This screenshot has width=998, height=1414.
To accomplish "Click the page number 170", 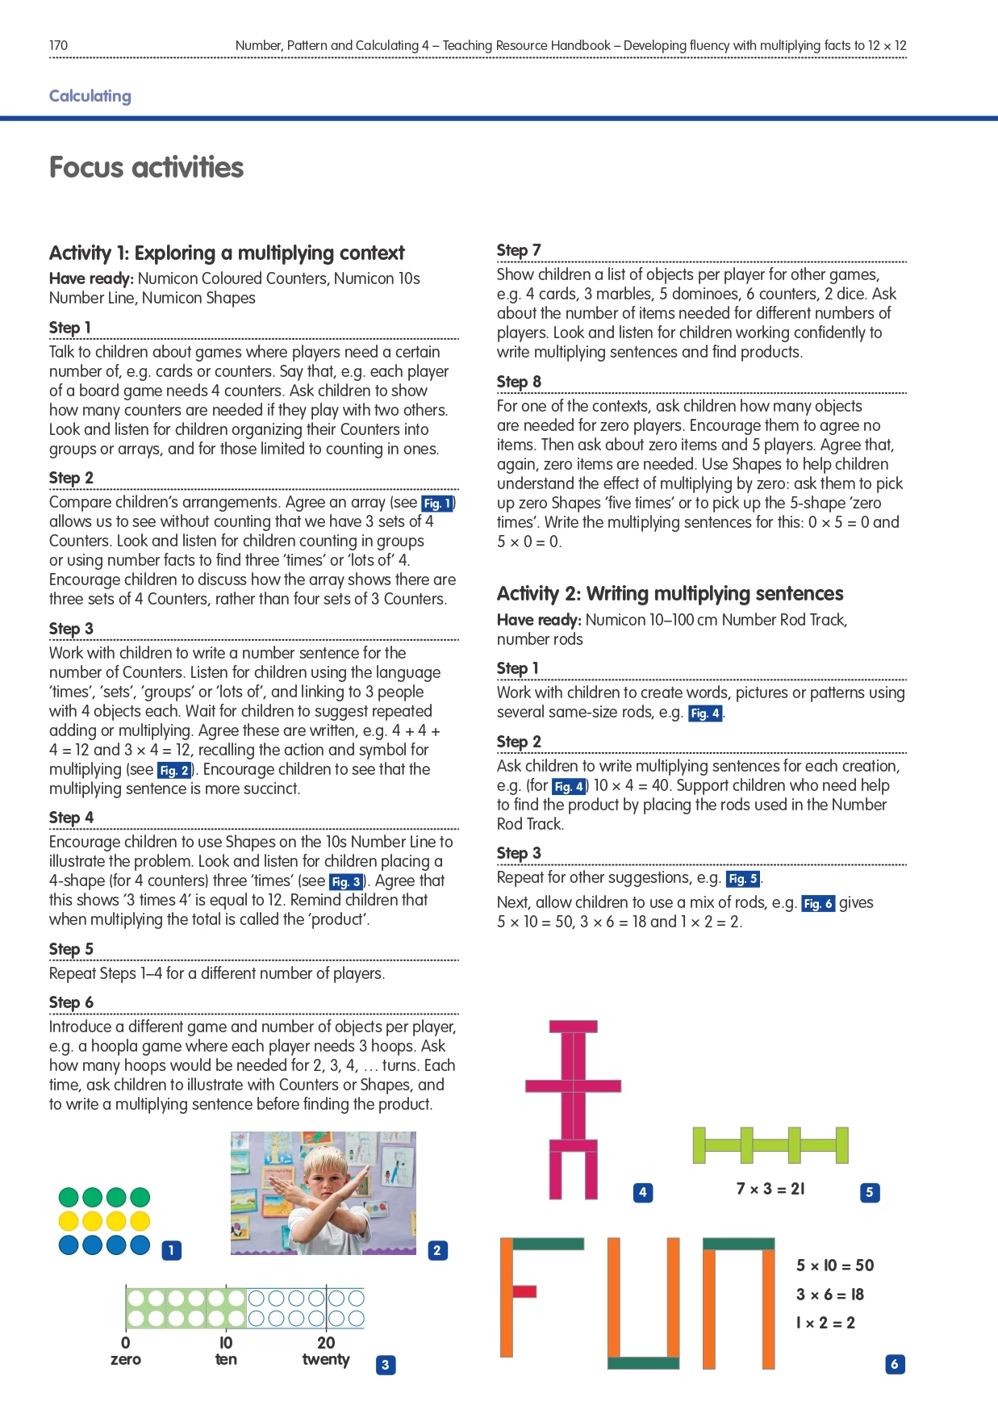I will (x=58, y=45).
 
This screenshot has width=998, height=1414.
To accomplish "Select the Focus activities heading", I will (x=146, y=167).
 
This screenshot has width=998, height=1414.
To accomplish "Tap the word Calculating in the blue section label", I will (x=90, y=96).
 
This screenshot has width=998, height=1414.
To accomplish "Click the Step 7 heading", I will (x=519, y=250).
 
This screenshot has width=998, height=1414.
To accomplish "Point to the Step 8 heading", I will (x=519, y=382).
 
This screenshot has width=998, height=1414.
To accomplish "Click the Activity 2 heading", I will (x=670, y=594).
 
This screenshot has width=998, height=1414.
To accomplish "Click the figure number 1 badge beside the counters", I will (x=171, y=1250).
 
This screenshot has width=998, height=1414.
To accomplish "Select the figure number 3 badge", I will (x=386, y=1365).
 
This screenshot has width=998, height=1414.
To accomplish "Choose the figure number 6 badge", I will (x=894, y=1364).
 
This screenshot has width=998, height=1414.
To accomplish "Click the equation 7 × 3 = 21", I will (x=770, y=1189).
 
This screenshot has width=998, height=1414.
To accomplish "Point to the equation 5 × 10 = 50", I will (x=835, y=1265).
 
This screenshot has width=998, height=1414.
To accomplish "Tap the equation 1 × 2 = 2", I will (x=825, y=1323).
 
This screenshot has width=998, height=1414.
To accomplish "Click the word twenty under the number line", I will (x=326, y=1360).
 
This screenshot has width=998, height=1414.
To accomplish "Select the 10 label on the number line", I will (x=226, y=1343).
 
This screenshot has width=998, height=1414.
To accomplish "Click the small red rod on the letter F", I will (x=524, y=1291).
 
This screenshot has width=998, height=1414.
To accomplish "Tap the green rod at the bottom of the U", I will (x=643, y=1363).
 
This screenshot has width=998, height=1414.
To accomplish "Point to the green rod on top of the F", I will (x=548, y=1244).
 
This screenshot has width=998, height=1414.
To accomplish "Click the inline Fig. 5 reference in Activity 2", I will (x=743, y=879).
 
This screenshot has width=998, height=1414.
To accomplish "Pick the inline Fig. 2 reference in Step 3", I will (x=174, y=771).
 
